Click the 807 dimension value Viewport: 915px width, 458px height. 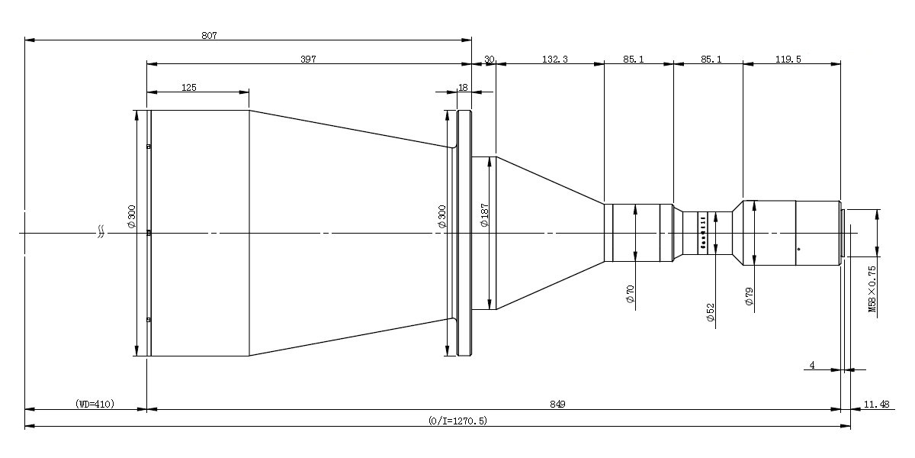(x=209, y=36)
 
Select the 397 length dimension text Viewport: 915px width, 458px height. (x=308, y=60)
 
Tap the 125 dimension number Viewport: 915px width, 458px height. (x=189, y=88)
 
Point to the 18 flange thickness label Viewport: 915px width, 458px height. (x=463, y=88)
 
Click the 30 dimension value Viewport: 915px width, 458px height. (x=490, y=60)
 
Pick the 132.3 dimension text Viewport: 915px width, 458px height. (x=555, y=60)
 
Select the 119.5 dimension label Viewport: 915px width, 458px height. (x=788, y=60)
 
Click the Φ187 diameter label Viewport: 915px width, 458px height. (x=484, y=215)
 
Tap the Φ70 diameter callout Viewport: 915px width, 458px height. (x=630, y=294)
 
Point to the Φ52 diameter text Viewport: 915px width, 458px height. (x=711, y=312)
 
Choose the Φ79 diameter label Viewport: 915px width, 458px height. (x=749, y=296)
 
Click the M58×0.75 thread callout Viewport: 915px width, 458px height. (x=872, y=289)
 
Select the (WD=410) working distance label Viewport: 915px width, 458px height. (x=95, y=404)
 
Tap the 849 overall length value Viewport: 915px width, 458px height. (x=557, y=405)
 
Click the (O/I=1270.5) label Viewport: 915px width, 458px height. (x=457, y=421)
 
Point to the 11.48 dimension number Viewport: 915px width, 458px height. (x=876, y=405)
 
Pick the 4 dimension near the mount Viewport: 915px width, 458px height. (x=812, y=365)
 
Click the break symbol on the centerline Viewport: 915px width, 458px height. (x=101, y=232)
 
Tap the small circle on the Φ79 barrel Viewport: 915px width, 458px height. (x=798, y=249)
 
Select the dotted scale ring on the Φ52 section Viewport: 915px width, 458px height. (x=703, y=233)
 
